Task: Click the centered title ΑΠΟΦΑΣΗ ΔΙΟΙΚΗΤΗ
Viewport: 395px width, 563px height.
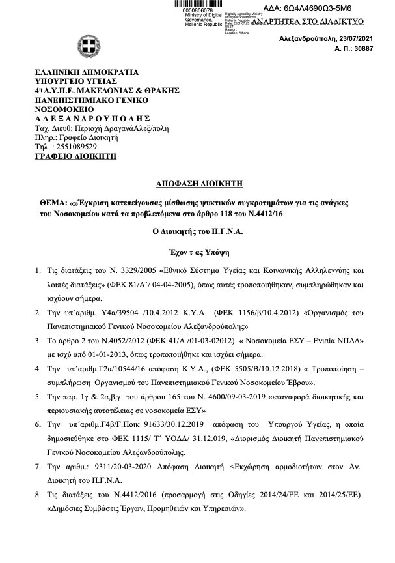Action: (197, 184)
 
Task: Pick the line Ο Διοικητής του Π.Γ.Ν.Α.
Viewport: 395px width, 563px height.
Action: (197, 231)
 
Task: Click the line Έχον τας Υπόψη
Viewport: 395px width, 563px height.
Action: (197, 251)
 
